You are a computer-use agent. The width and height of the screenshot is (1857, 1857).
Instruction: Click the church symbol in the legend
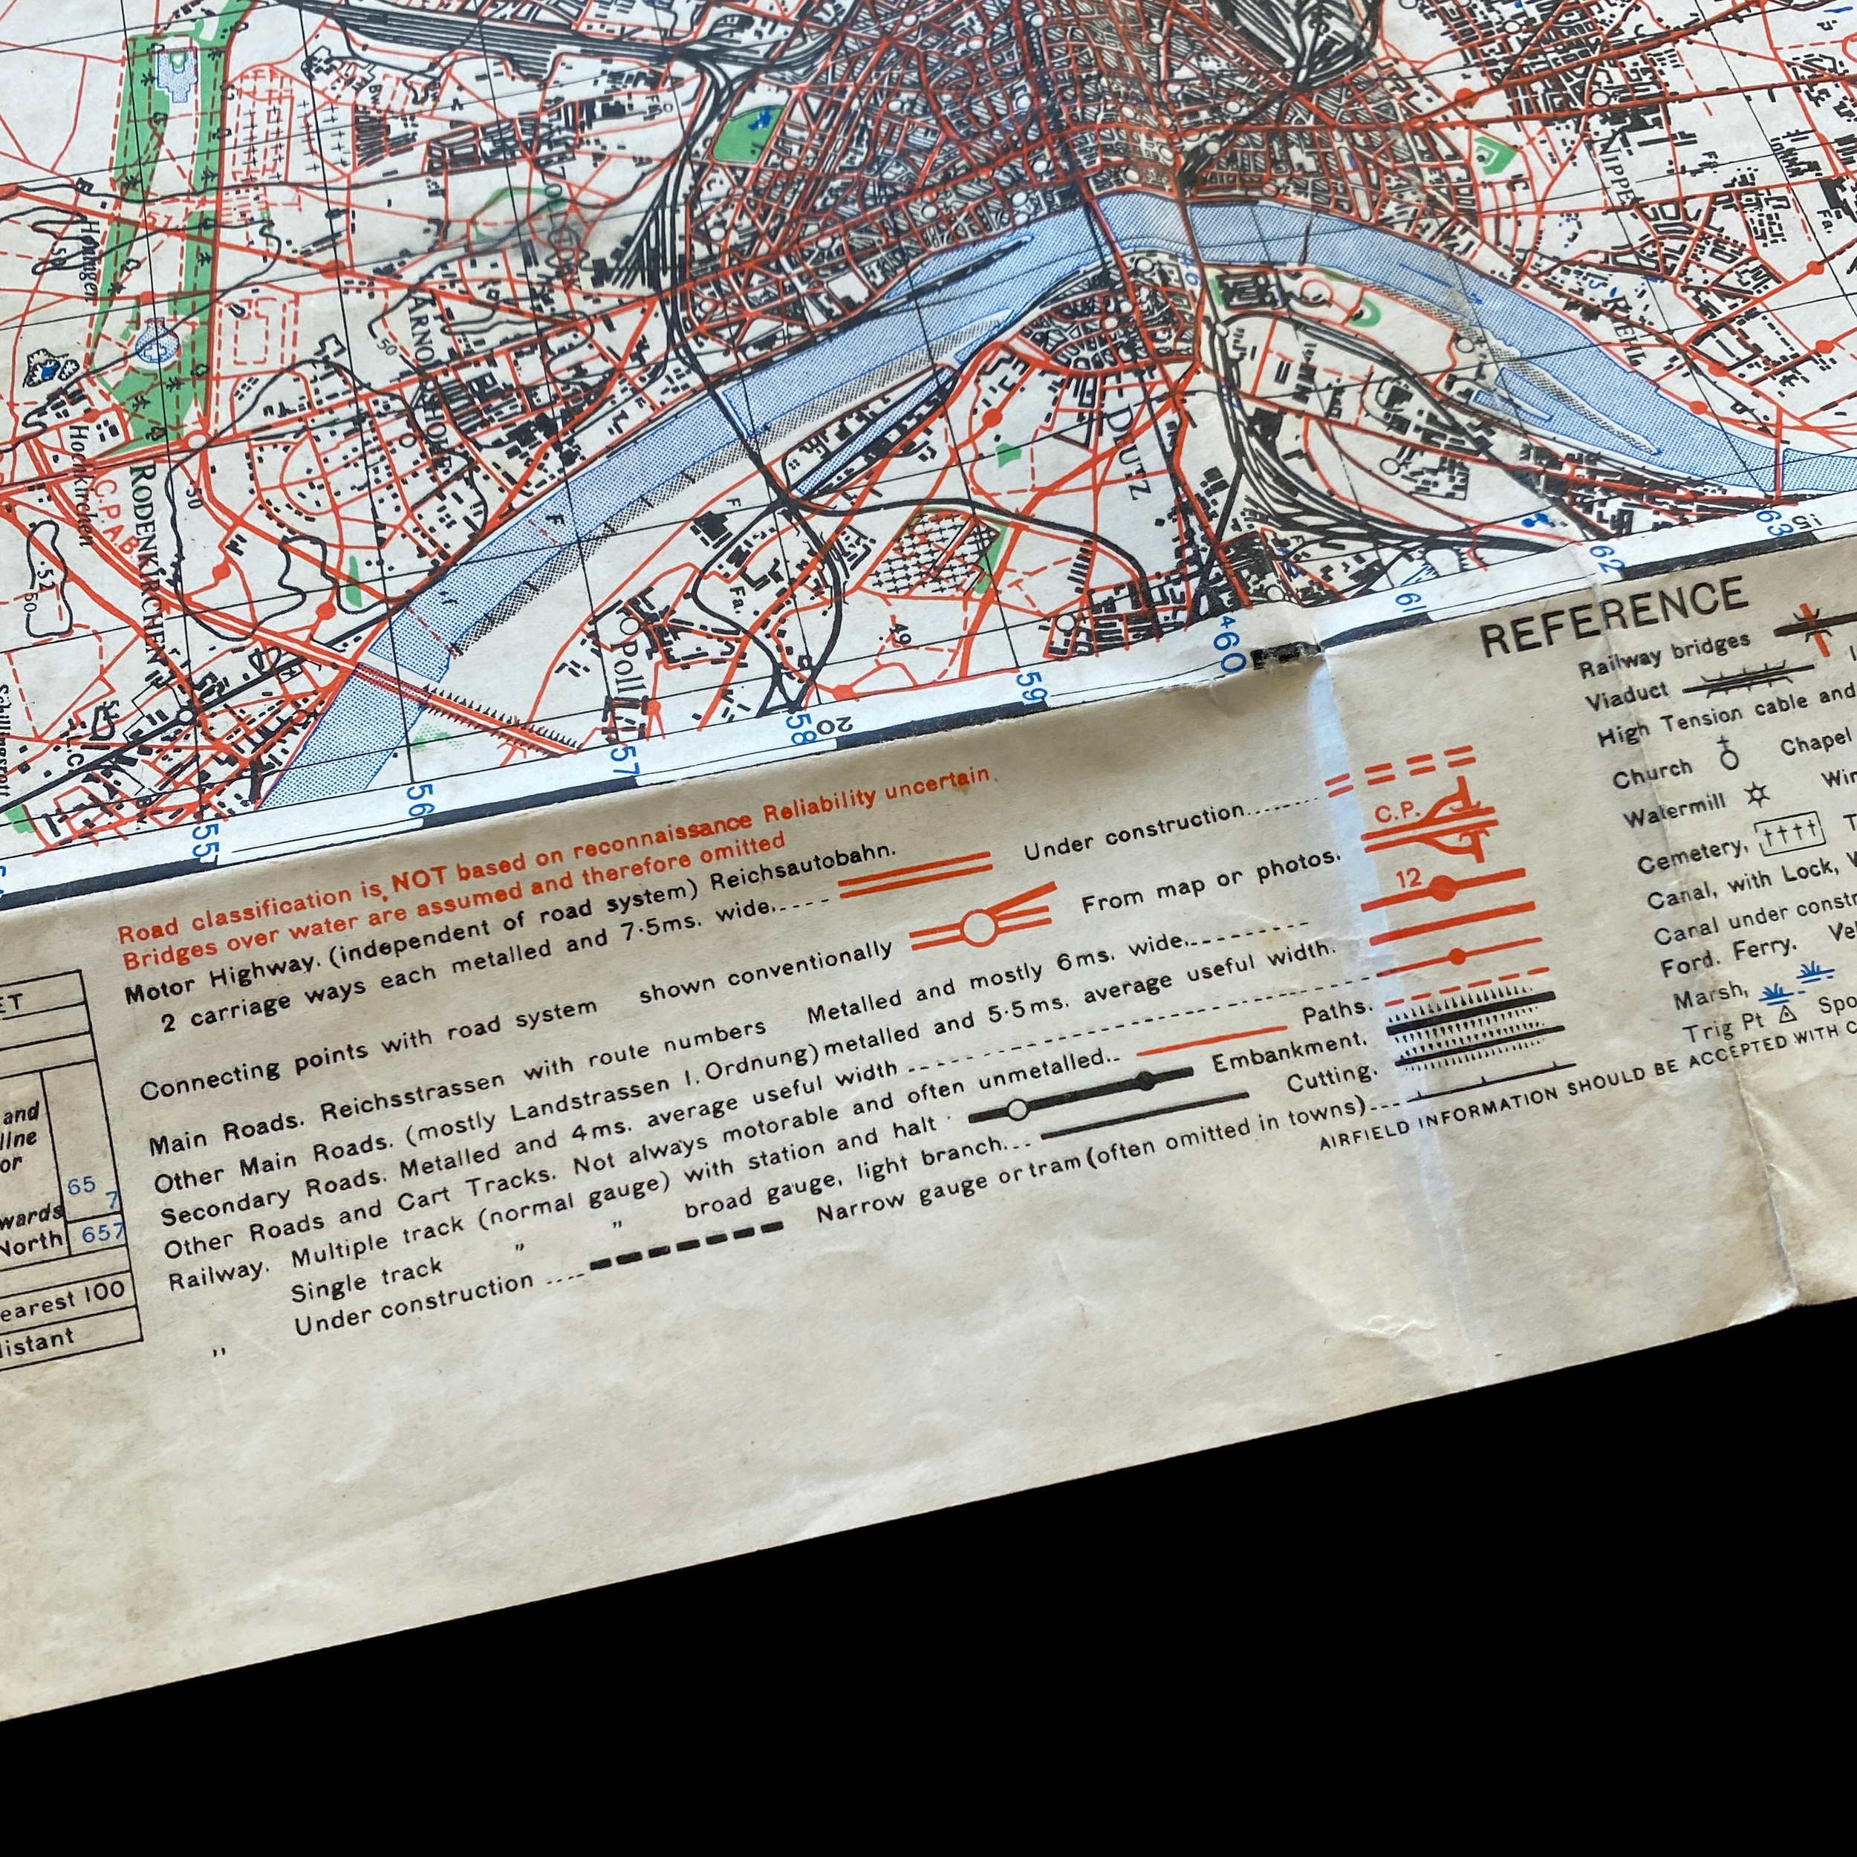click(x=1730, y=755)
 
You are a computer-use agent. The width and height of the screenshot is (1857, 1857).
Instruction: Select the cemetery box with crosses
click(x=1789, y=834)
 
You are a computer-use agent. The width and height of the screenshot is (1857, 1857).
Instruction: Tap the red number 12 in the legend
click(x=1408, y=877)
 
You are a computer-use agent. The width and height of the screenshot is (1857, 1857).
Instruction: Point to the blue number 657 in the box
click(x=103, y=1232)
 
